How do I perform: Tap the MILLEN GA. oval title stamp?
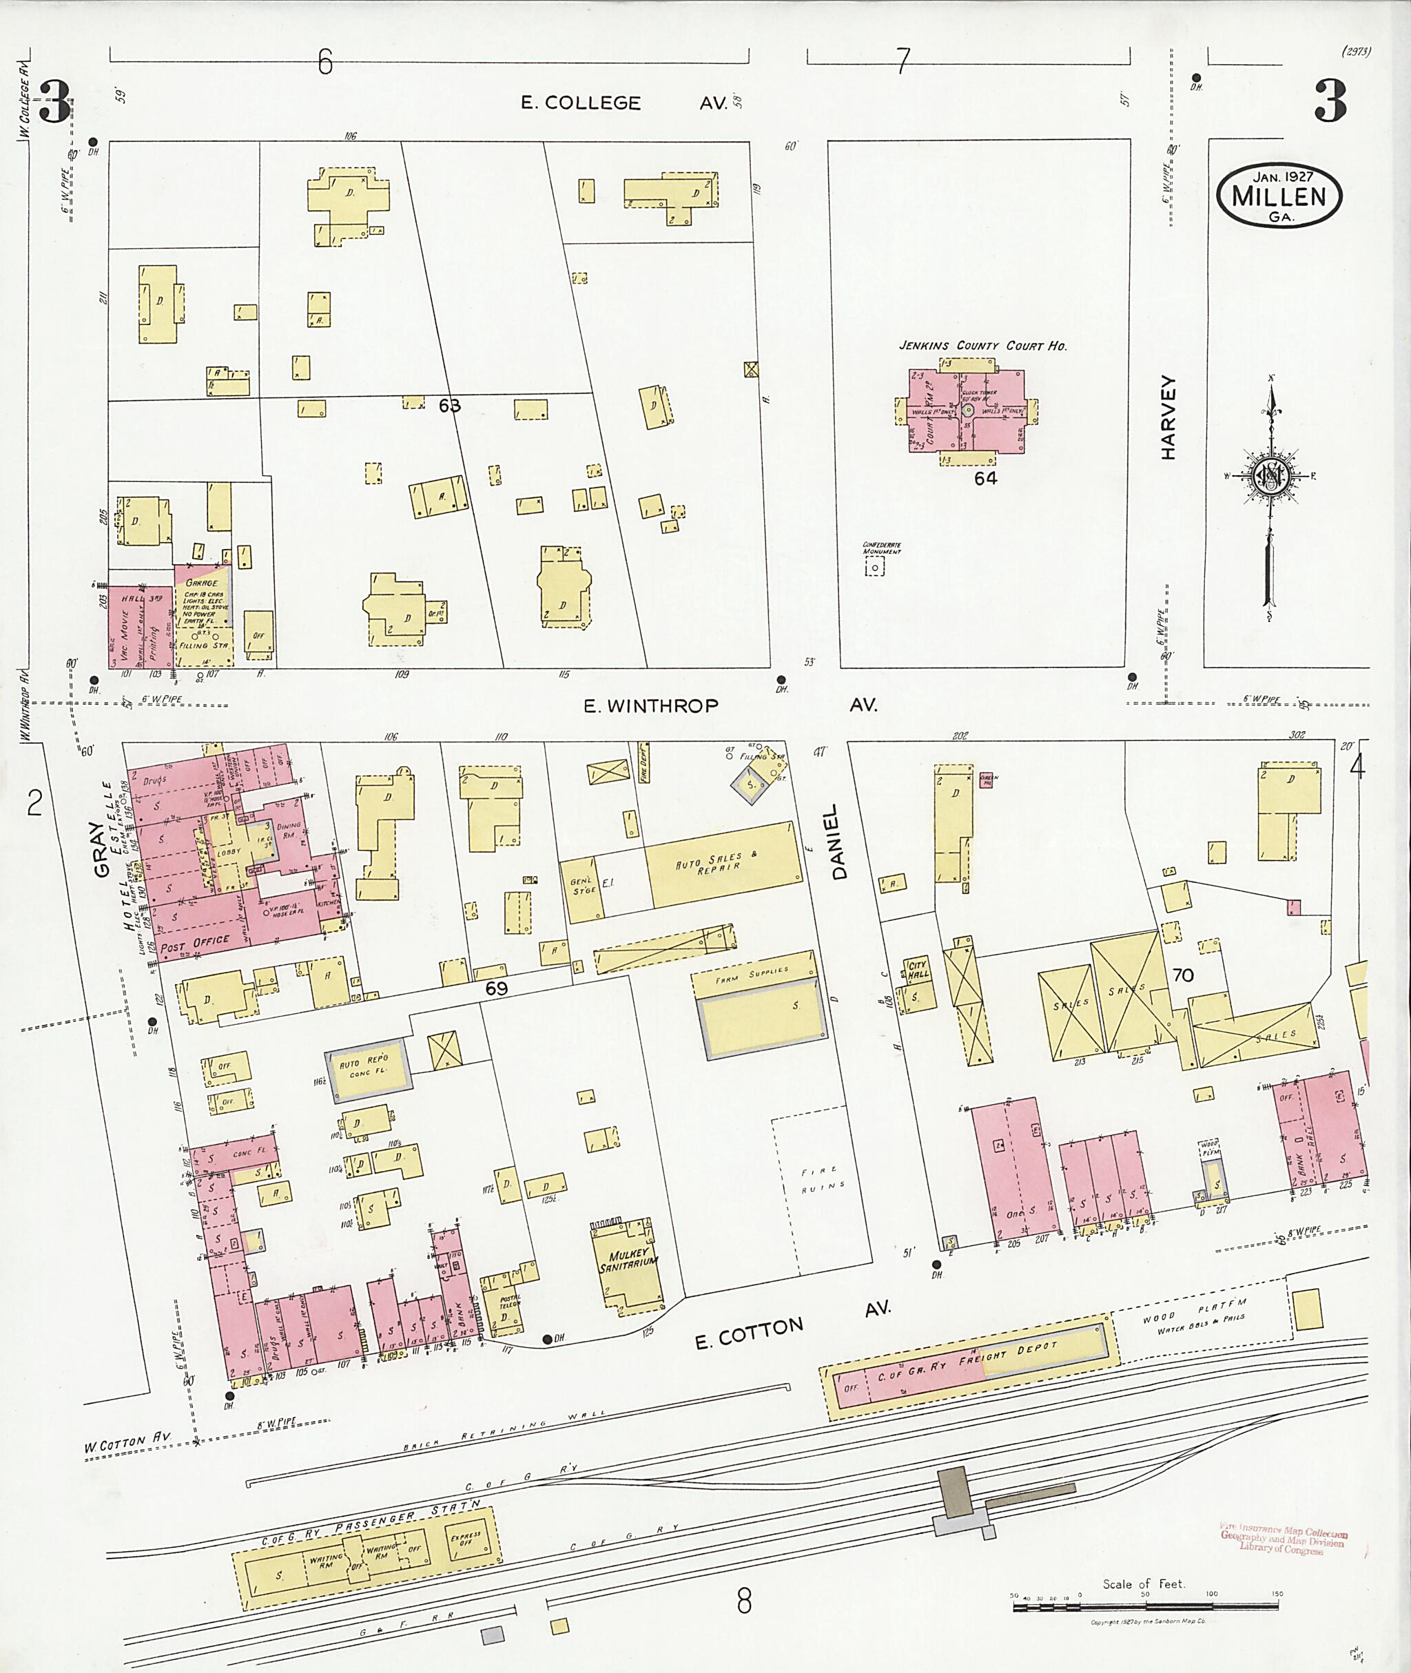click(1278, 196)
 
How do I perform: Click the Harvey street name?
click(1168, 417)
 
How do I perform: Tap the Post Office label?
click(194, 944)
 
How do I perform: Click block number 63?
click(449, 406)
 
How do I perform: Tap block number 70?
click(1182, 975)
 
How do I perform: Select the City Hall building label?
click(917, 970)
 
